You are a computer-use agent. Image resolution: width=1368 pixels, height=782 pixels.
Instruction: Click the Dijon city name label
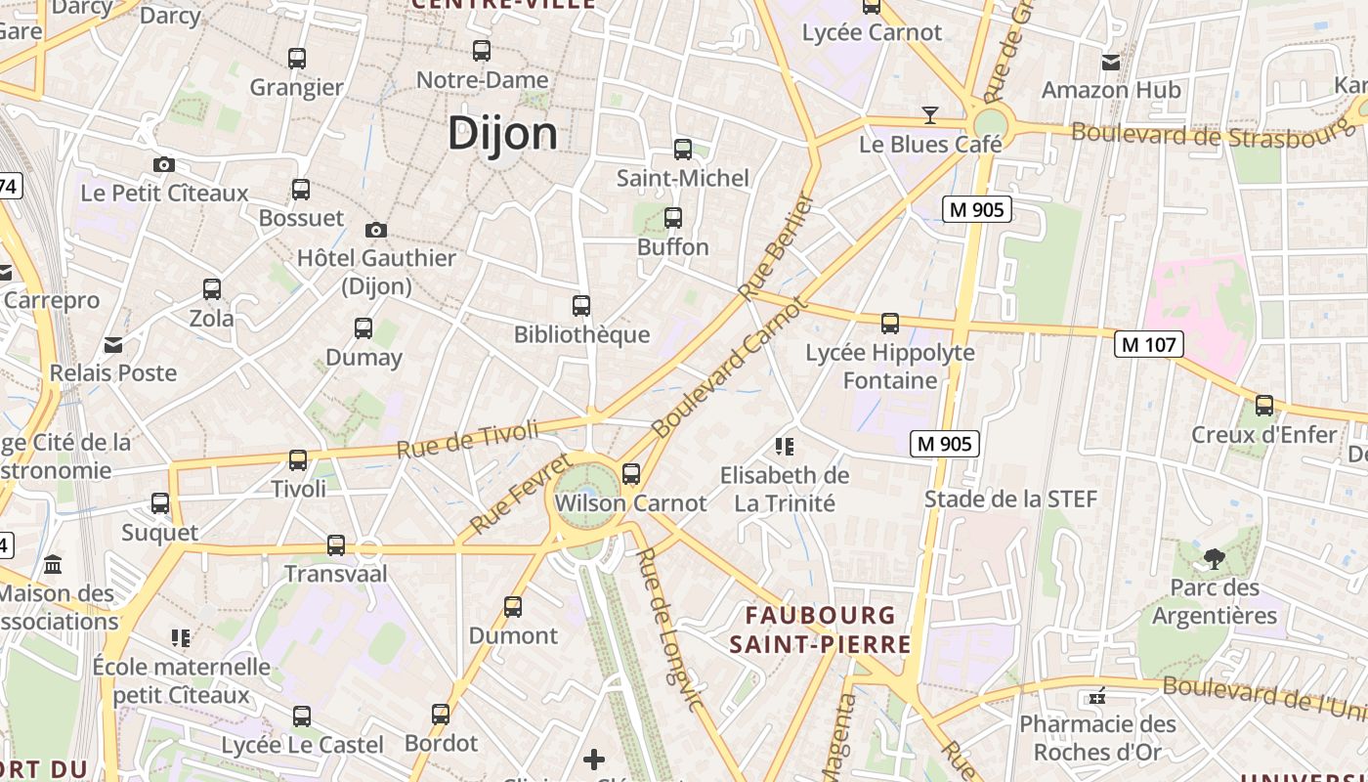(502, 133)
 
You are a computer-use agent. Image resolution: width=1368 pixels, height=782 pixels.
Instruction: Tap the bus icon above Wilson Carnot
(631, 474)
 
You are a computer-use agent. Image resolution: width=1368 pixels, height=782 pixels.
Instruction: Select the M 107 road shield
(1149, 344)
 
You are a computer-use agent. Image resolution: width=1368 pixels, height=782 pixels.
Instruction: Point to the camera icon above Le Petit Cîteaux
(164, 164)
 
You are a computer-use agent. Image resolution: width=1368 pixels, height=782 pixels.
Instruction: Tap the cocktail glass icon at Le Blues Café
(930, 115)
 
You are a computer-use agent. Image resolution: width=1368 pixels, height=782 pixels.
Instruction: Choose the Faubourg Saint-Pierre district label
(820, 630)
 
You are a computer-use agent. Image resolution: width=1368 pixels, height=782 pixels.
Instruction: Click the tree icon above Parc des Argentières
(1215, 559)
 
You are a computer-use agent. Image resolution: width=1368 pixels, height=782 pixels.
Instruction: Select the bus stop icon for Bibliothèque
(581, 306)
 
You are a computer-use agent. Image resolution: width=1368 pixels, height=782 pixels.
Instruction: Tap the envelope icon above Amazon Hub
(1111, 63)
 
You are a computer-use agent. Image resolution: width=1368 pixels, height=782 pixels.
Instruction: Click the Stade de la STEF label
(1011, 500)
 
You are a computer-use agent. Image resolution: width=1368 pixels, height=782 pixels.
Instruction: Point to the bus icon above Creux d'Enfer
(1264, 405)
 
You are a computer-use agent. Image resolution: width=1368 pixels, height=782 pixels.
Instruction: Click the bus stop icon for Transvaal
(336, 545)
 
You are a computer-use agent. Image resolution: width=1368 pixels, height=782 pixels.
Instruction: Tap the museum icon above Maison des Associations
(54, 565)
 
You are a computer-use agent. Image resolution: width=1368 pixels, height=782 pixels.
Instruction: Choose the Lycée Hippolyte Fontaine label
(890, 366)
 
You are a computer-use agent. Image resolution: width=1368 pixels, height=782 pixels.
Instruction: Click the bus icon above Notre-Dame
(482, 51)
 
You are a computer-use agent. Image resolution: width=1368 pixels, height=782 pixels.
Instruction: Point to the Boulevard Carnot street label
(730, 368)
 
